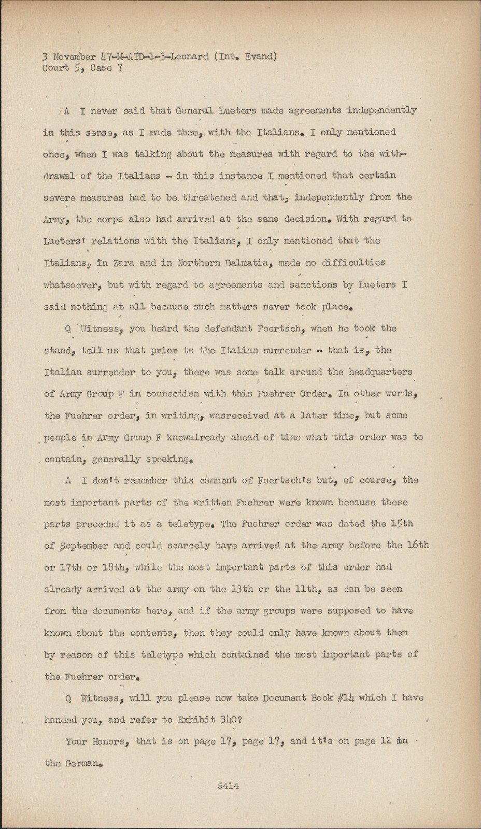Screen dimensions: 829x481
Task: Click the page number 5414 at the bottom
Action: point(228,786)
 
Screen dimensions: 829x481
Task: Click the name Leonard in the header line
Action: point(190,56)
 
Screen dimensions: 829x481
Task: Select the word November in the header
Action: point(74,56)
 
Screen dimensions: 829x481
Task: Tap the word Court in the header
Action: point(55,68)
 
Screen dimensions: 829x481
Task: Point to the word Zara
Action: point(122,263)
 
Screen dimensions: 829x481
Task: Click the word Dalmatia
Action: point(247,263)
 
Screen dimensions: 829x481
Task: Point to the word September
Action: point(83,546)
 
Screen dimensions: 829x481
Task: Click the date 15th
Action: point(402,523)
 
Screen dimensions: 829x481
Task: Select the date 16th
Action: point(418,545)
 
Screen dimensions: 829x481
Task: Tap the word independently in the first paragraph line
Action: point(381,110)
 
